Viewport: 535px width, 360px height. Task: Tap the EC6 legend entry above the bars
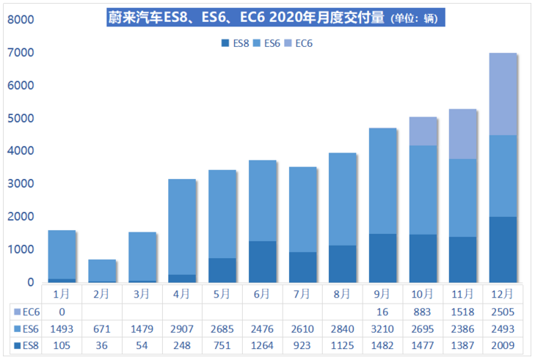[300, 43]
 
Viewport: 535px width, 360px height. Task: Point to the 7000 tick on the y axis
[21, 53]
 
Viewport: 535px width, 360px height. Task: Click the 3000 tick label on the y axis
[21, 184]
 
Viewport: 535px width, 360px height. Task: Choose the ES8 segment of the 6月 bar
[261, 262]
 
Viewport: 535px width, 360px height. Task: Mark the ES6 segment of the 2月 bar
[102, 271]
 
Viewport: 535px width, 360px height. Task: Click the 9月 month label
[382, 294]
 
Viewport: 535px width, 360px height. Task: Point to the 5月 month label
[222, 294]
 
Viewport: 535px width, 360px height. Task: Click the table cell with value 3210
[382, 328]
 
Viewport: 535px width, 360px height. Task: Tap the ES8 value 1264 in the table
[261, 345]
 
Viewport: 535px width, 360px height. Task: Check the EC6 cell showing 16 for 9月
[382, 312]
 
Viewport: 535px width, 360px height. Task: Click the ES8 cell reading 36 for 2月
[102, 345]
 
